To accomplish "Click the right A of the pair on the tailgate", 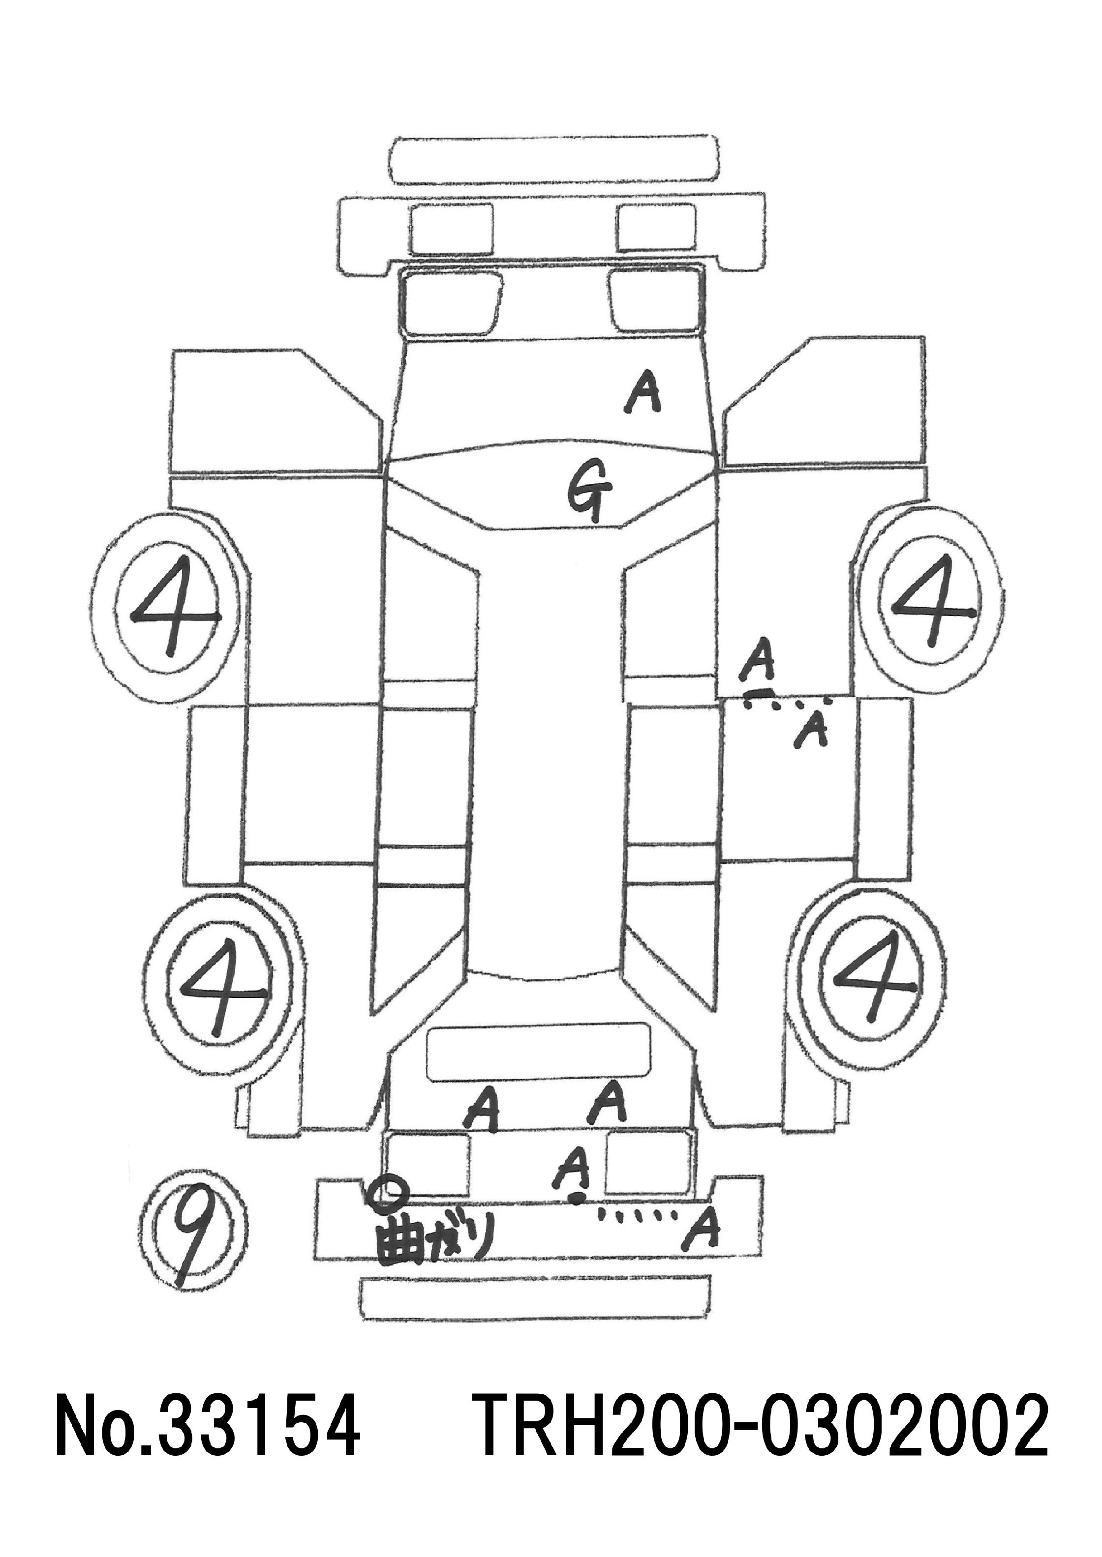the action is [607, 1106].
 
